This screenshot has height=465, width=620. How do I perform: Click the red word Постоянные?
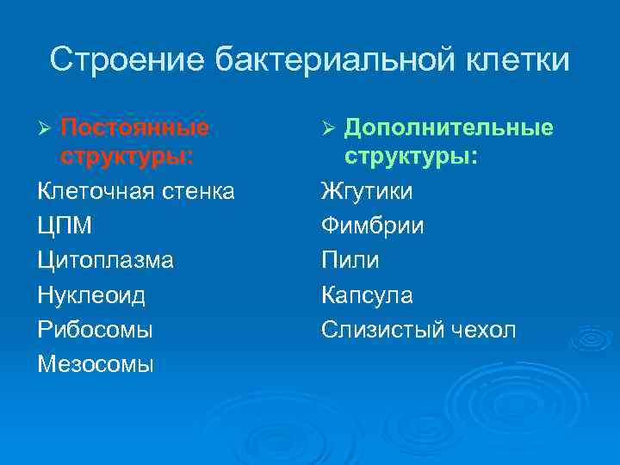coord(135,128)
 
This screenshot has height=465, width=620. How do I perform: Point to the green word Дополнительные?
coord(449,128)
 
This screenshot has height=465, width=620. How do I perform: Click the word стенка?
coord(200,191)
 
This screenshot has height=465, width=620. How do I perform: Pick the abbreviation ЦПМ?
coord(65,226)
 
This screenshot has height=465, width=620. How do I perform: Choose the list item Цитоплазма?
coord(105,260)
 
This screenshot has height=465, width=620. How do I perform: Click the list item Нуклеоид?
coord(91,295)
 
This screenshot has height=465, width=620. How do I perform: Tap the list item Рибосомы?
coord(96,330)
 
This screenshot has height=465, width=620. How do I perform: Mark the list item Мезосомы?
coord(96,364)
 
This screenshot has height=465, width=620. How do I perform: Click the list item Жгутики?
coord(367,191)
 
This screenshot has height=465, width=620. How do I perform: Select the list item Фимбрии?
coord(372,226)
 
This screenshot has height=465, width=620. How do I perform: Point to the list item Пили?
coord(350,260)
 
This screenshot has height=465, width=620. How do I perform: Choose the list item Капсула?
coord(367,295)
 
